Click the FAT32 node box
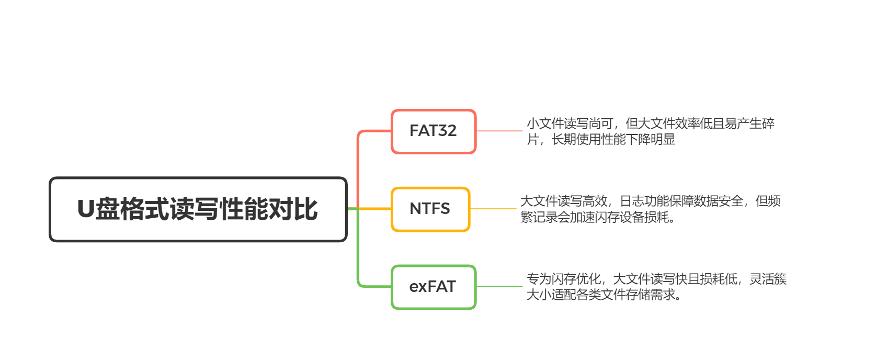(433, 131)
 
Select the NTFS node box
(430, 209)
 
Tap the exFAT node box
(433, 287)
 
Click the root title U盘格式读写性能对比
(198, 209)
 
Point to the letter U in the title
(86, 209)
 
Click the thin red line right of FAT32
(499, 131)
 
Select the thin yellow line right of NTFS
(493, 209)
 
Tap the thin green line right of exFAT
(499, 287)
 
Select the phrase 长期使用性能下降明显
(613, 139)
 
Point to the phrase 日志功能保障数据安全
(681, 201)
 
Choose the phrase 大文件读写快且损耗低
(675, 279)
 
